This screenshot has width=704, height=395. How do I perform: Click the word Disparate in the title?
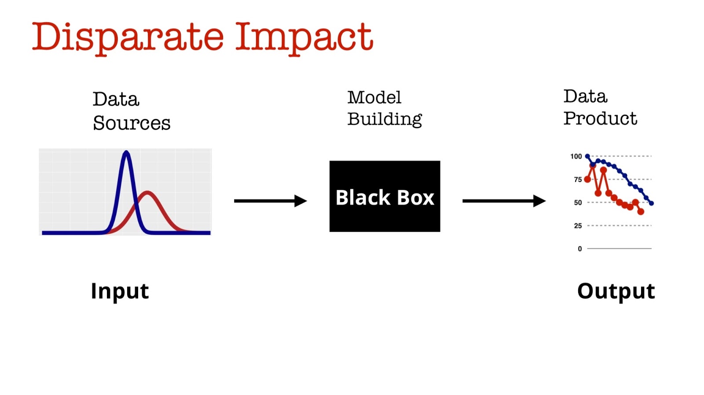(128, 37)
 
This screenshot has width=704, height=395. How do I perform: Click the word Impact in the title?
(304, 37)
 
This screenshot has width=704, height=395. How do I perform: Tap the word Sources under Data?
(132, 123)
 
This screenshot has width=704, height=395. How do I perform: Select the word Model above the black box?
(374, 98)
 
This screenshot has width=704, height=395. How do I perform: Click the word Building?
(385, 119)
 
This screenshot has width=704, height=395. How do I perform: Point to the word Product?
(600, 118)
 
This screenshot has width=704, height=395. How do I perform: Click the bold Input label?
(120, 291)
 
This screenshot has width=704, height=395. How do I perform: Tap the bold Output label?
(616, 291)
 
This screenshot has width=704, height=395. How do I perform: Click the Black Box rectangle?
(385, 196)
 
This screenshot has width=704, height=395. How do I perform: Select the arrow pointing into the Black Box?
(270, 201)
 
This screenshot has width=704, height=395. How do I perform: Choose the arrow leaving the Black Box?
(504, 201)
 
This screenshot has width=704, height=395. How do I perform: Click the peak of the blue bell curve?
(126, 153)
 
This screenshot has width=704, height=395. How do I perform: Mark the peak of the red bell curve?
(147, 192)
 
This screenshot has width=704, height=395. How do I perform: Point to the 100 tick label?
(576, 156)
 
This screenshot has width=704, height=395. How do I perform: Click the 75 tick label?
(578, 179)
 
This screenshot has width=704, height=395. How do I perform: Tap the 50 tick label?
(578, 203)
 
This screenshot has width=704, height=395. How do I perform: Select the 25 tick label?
(578, 226)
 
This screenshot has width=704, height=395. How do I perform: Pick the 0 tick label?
(580, 249)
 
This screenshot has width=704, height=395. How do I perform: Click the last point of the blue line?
(651, 203)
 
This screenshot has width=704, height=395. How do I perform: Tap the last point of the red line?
(641, 212)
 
